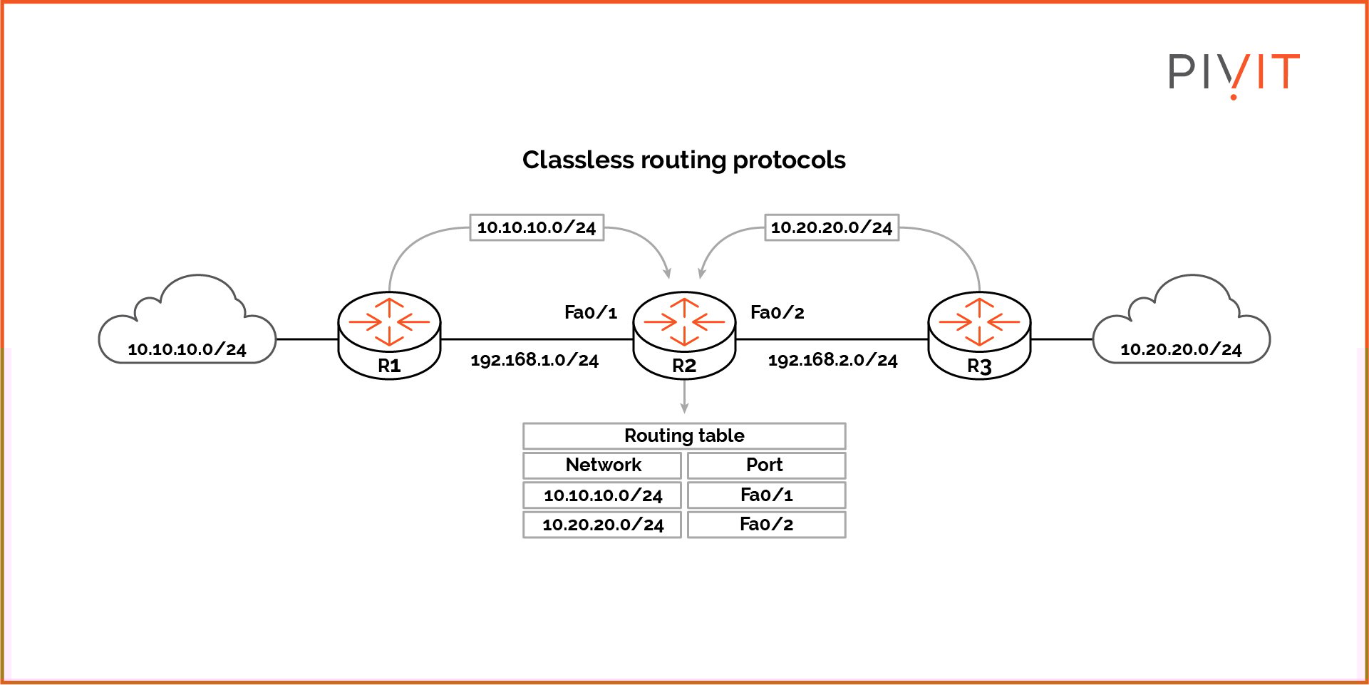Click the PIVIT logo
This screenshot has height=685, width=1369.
click(1234, 73)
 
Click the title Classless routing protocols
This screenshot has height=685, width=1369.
click(683, 160)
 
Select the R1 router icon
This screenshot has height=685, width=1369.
click(389, 334)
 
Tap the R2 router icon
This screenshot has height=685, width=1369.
click(684, 334)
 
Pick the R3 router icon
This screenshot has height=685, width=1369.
click(979, 334)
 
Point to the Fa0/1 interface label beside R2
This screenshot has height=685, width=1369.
click(590, 312)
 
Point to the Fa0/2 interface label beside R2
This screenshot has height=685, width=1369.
click(777, 312)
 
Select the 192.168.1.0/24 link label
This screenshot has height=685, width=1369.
click(534, 360)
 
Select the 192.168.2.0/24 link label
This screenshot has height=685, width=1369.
click(832, 360)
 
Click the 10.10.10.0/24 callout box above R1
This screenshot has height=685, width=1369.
click(537, 227)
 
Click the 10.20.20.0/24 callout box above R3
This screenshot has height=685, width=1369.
click(832, 227)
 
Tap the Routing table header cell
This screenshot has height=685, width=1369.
click(684, 436)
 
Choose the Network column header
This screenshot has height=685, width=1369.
click(602, 465)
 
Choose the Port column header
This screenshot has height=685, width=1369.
click(766, 465)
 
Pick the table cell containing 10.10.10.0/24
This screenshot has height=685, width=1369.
click(602, 495)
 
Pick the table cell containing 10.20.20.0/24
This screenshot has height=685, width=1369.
click(602, 525)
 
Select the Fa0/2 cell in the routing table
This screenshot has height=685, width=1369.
click(766, 525)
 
